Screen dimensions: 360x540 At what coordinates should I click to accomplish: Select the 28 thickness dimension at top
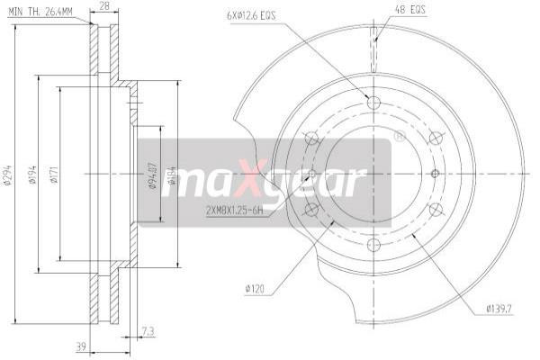103,7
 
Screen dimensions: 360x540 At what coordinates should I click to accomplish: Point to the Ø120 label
255,288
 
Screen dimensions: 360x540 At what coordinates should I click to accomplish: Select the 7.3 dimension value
148,332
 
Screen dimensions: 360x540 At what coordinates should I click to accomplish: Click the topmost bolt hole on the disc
373,102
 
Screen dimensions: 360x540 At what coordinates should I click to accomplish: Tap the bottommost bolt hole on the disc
373,246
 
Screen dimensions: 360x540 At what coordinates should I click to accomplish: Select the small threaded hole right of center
435,174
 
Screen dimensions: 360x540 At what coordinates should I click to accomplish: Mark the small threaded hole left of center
312,174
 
